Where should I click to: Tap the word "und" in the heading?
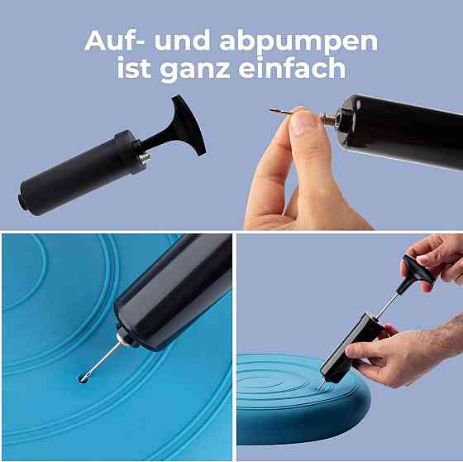[182, 41]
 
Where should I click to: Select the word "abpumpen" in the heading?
[298, 43]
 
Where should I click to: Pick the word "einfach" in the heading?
[292, 67]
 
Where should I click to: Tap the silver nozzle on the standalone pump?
[145, 158]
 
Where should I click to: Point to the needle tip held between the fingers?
[270, 110]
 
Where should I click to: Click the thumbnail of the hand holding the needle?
[303, 122]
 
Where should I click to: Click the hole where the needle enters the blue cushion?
[84, 378]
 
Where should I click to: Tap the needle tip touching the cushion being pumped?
[318, 388]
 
